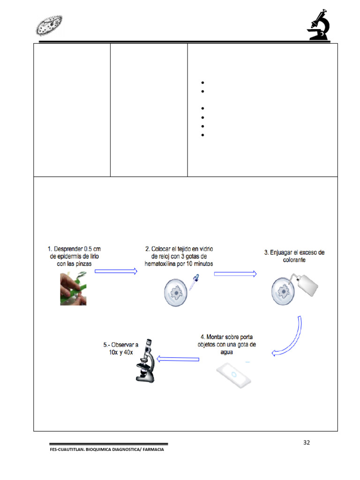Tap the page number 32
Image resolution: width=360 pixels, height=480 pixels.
click(x=307, y=442)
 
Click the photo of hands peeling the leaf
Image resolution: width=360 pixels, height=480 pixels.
click(x=73, y=290)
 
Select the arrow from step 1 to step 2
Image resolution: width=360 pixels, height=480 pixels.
click(x=116, y=271)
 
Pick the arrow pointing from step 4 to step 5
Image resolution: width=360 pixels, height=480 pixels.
click(x=178, y=359)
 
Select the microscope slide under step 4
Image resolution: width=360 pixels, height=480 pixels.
click(x=233, y=375)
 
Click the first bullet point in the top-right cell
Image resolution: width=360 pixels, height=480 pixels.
click(x=202, y=82)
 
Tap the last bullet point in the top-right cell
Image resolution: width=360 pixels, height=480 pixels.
click(x=202, y=135)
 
